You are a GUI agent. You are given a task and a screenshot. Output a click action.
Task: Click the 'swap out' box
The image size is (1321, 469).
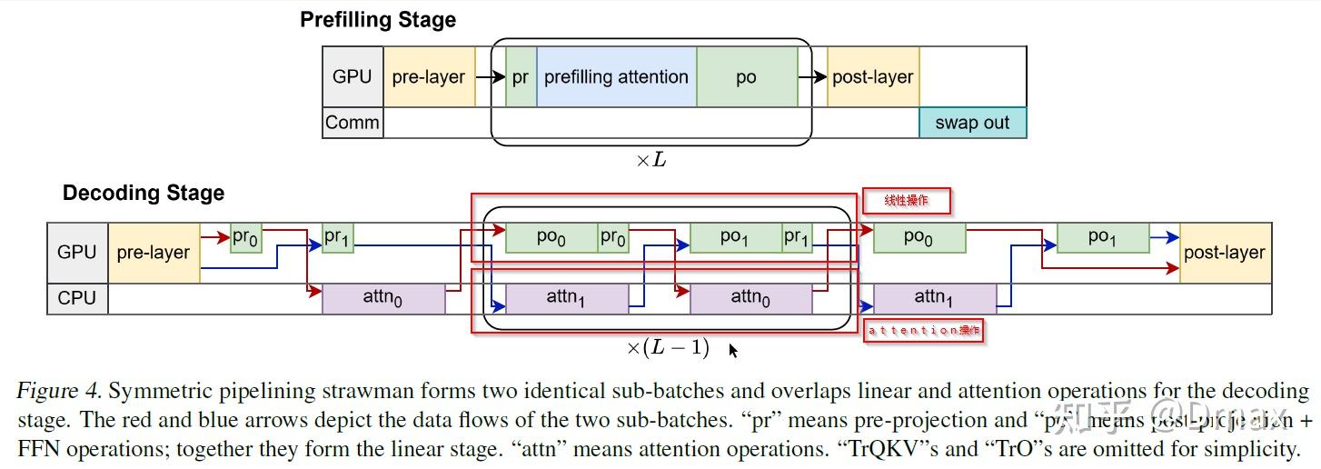pos(972,123)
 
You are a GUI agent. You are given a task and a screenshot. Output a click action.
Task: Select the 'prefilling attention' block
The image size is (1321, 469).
pos(616,77)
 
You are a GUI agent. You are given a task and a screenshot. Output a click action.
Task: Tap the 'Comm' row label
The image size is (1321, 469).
pos(353,123)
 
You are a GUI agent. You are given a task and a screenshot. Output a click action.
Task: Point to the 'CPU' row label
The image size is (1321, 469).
pos(77,298)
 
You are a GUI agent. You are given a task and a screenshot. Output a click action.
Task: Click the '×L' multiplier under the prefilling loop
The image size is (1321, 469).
pos(650,160)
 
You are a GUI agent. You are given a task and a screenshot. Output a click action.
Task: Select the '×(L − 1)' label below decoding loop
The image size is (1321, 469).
pos(668,347)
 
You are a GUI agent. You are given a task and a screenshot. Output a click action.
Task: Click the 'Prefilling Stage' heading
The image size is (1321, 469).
pos(378,20)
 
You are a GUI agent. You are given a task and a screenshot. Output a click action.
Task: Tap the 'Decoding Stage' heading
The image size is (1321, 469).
pos(144,194)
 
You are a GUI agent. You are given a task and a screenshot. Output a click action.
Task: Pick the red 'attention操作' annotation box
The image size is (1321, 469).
pos(923,331)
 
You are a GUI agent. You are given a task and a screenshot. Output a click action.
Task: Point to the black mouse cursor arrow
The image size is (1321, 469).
pos(732,350)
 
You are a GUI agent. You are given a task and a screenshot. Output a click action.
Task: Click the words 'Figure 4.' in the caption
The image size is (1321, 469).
pos(58,392)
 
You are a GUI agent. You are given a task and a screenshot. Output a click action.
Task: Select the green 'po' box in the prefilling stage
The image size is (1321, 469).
pos(747,77)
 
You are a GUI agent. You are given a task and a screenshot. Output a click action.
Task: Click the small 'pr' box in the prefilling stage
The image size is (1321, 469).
pos(521,77)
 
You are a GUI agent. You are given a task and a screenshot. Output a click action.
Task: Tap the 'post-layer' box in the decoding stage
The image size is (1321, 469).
pos(1224,253)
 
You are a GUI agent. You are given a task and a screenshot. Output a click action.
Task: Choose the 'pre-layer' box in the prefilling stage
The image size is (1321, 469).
pos(429,77)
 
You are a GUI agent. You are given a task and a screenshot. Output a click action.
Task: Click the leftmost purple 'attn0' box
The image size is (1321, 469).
pos(383,298)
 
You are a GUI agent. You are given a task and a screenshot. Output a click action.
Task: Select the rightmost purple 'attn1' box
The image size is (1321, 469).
pos(934,297)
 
